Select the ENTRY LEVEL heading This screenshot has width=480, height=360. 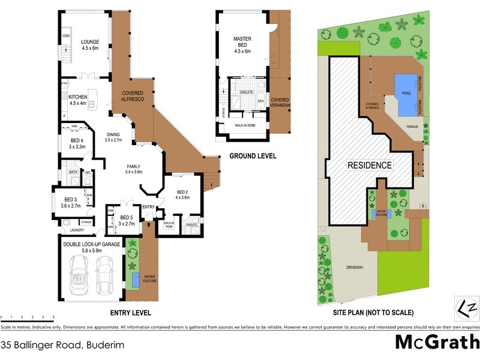(x=130, y=313)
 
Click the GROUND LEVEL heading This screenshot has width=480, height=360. (x=253, y=156)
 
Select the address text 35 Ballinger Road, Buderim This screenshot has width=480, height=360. (x=57, y=345)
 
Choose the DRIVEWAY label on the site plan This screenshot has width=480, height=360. (x=358, y=268)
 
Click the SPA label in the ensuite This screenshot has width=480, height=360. (x=261, y=101)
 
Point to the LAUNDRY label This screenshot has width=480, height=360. (x=76, y=230)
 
